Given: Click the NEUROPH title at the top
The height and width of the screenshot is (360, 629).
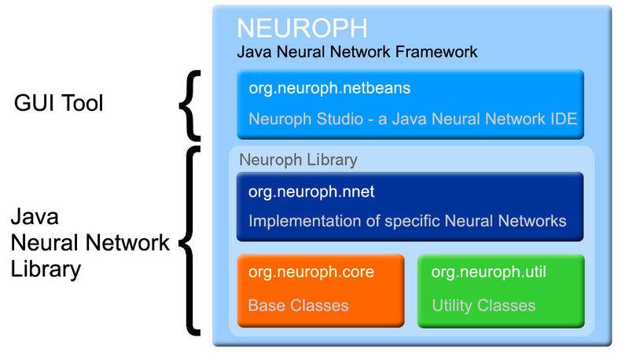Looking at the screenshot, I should tap(302, 28).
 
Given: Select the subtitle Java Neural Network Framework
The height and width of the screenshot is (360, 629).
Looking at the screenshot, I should tap(357, 53).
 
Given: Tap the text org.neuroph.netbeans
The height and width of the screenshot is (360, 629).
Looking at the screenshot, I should tap(329, 89).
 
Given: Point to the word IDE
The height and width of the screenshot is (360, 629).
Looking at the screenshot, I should tap(561, 119).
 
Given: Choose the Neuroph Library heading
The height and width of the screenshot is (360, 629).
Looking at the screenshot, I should tap(298, 160).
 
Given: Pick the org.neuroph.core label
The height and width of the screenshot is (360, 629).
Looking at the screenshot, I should tap(311, 273).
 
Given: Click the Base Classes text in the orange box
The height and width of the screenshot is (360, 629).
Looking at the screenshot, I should tap(298, 305).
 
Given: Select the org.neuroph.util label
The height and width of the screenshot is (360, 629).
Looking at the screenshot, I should tap(489, 273).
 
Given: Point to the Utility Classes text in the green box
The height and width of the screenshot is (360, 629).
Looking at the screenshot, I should tap(484, 305).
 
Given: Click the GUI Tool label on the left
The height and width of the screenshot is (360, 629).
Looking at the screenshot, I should tap(59, 103).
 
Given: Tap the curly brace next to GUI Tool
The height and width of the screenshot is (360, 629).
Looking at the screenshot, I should tap(192, 104).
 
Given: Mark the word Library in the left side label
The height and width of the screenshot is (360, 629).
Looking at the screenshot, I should tap(46, 270).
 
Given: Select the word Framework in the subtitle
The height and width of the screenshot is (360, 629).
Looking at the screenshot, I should tap(440, 53).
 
